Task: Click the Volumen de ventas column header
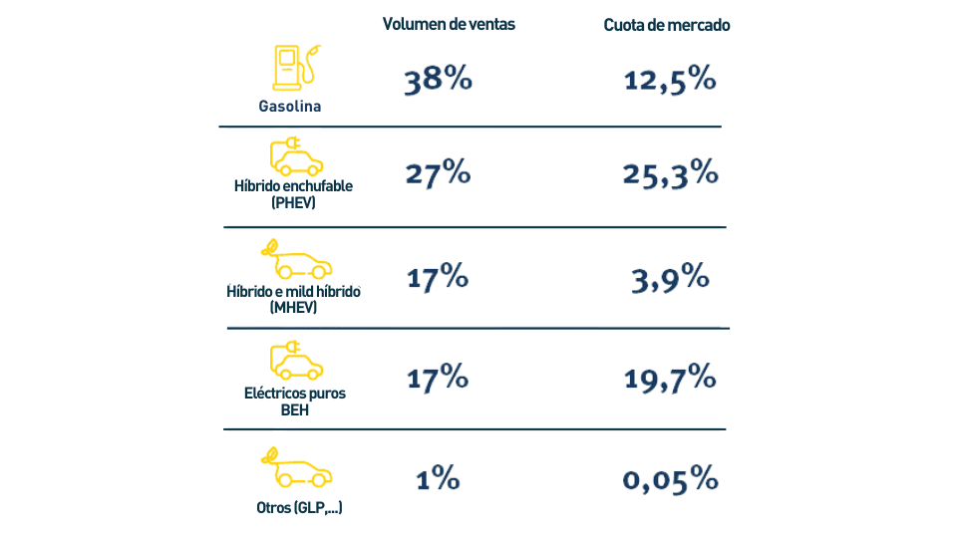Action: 449,25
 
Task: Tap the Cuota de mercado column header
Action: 667,25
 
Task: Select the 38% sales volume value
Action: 438,82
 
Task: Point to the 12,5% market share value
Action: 670,81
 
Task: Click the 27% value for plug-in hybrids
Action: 438,173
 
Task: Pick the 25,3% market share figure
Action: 670,173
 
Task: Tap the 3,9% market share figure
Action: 670,278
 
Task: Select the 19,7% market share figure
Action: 670,378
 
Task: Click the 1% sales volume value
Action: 438,479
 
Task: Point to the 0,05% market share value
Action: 670,479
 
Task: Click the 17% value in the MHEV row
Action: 438,278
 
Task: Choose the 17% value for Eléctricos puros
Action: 438,378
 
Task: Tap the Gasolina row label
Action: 289,107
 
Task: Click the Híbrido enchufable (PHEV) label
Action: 293,194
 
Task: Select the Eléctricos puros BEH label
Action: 295,401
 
